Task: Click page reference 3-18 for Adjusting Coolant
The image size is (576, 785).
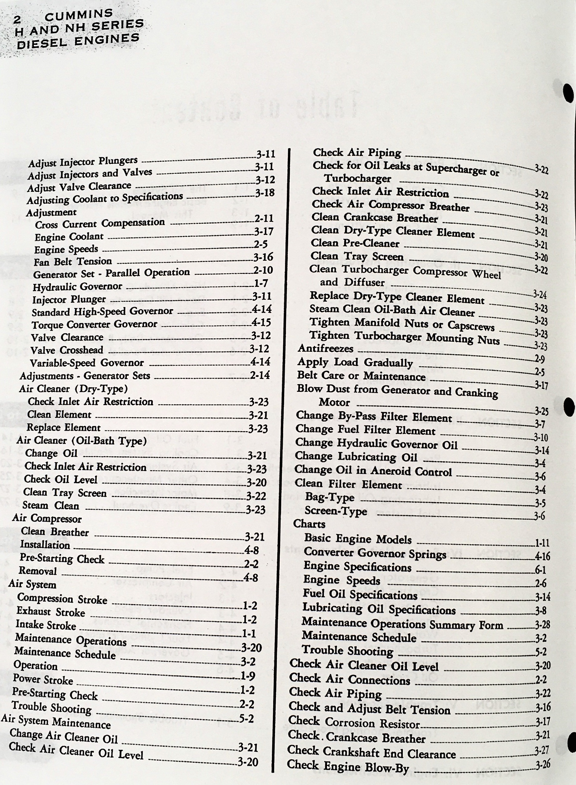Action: pyautogui.click(x=264, y=193)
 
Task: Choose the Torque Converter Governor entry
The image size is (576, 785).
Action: pyautogui.click(x=94, y=324)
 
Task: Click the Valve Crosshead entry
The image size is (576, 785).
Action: pyautogui.click(x=67, y=350)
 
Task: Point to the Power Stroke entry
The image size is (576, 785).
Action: pyautogui.click(x=43, y=680)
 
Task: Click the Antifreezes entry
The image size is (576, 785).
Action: pyautogui.click(x=326, y=348)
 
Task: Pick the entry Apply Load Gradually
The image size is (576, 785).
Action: pyautogui.click(x=355, y=362)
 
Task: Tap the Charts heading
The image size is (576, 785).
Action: pyautogui.click(x=309, y=524)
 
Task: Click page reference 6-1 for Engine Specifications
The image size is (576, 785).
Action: pyautogui.click(x=540, y=570)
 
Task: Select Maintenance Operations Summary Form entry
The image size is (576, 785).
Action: pyautogui.click(x=402, y=624)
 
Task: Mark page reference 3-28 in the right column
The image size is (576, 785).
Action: pyautogui.click(x=542, y=625)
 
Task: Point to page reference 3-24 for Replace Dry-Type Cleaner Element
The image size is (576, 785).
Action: pyautogui.click(x=540, y=295)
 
